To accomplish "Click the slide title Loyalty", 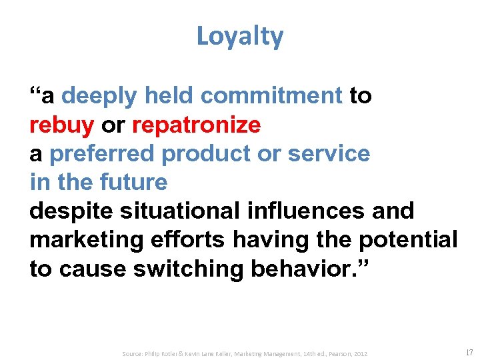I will pos(239,37).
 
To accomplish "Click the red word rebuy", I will pos(62,125).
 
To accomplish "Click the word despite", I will pos(70,211).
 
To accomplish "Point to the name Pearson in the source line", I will pos(336,353).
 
